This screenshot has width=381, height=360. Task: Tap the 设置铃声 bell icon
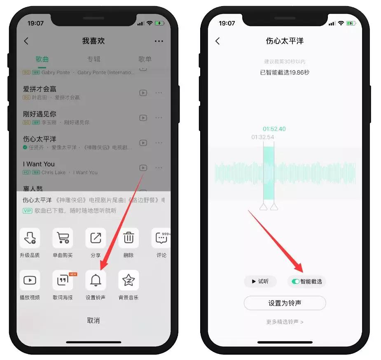96,280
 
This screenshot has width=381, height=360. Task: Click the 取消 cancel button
93,321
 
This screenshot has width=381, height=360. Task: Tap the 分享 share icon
96,238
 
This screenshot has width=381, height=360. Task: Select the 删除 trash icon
129,238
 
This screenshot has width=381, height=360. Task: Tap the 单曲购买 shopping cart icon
63,238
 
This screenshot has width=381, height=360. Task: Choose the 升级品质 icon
30,238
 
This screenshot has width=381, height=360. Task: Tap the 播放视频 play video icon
30,280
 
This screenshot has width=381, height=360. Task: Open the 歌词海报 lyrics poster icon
63,280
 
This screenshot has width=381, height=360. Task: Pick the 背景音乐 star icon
129,280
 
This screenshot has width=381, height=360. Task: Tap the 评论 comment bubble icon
161,238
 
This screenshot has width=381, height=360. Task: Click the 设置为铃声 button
285,303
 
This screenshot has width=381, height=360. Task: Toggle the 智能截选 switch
295,282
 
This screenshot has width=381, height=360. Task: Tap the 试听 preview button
260,282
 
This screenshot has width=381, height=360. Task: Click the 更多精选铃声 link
285,322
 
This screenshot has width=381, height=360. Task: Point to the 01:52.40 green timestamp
274,129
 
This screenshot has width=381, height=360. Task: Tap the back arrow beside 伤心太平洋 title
217,41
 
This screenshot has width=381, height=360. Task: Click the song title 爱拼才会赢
40,89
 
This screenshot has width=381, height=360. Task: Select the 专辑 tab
93,59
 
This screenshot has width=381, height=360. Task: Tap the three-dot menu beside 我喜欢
159,41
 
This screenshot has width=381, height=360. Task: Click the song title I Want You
39,164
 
